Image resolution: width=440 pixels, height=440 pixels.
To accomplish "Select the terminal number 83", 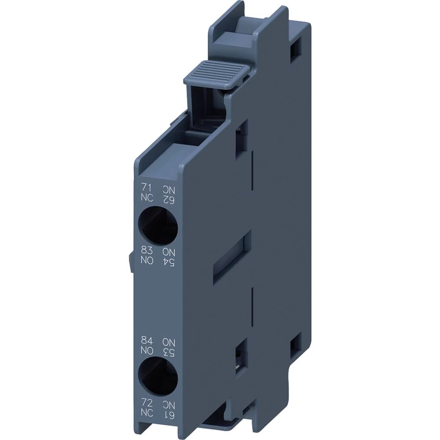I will click(x=147, y=251).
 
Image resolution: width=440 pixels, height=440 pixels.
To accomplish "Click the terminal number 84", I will click(x=147, y=340).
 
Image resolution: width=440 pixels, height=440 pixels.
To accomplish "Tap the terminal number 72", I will click(x=147, y=401).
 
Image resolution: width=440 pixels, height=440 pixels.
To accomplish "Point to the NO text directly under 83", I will click(x=147, y=260).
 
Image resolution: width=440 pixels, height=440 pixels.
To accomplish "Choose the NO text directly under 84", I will click(x=147, y=349).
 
